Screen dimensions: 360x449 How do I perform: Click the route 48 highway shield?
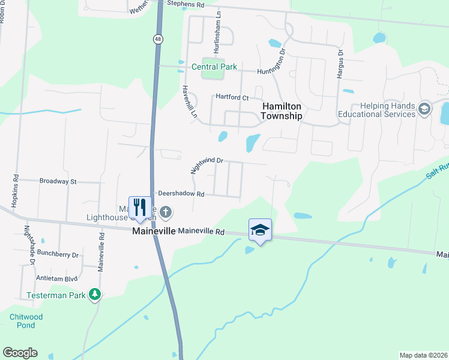(x=157, y=39)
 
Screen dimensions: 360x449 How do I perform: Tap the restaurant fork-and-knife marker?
(x=139, y=208)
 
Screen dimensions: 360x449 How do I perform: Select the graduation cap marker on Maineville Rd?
(x=261, y=230)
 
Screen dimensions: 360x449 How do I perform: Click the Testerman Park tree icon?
(x=94, y=294)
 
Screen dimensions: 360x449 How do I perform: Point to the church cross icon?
(x=166, y=212)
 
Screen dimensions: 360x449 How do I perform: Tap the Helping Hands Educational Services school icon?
(x=425, y=109)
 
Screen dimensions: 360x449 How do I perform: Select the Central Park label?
(x=214, y=67)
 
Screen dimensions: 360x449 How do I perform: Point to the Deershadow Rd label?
(x=181, y=194)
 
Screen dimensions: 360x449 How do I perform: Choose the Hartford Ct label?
(x=232, y=97)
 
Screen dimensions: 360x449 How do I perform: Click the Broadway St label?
(x=58, y=181)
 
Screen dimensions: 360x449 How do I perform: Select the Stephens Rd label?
(x=185, y=4)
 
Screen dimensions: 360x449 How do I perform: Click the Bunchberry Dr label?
(x=58, y=254)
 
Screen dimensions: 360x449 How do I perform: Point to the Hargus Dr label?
(x=340, y=61)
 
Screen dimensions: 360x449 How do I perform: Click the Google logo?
(x=20, y=353)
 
